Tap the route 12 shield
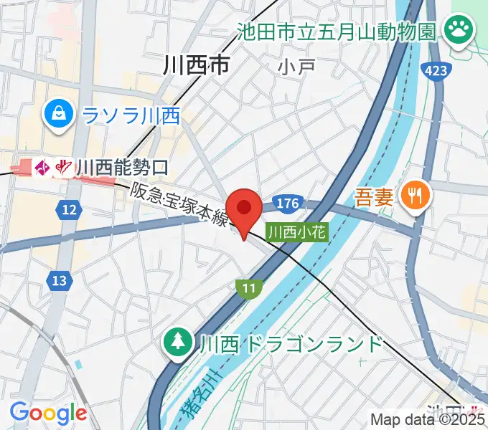(x=69, y=209)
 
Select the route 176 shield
(x=286, y=204)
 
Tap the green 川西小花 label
(x=297, y=231)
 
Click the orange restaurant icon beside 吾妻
(x=415, y=193)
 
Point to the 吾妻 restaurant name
(x=374, y=196)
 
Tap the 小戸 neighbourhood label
(x=297, y=67)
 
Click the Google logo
(x=47, y=413)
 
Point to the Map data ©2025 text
(x=428, y=420)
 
